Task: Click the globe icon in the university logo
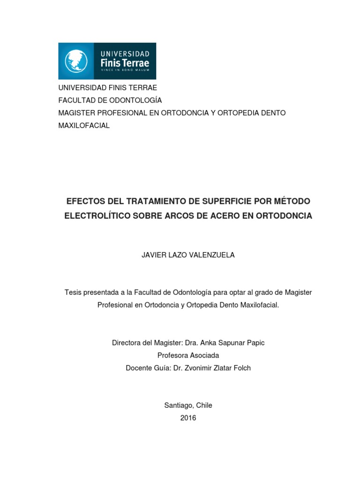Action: [76, 61]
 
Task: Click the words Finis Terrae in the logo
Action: [124, 61]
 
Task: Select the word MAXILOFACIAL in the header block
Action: [84, 126]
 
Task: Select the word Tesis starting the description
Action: [73, 292]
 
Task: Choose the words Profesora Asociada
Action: [188, 355]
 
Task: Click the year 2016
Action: [188, 418]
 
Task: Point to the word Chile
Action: [203, 405]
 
